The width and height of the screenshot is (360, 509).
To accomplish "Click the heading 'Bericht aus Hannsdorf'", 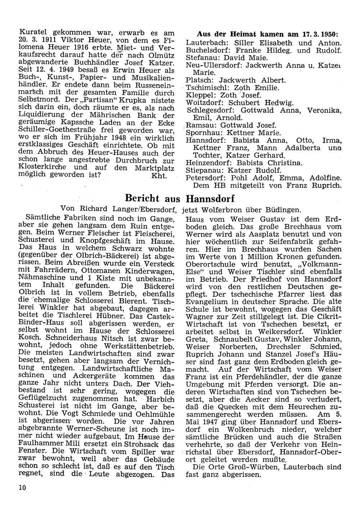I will point(179,198).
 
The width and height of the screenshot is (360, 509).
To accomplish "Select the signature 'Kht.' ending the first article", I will point(159,176).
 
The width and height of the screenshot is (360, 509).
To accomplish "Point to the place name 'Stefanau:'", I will point(200,58).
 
